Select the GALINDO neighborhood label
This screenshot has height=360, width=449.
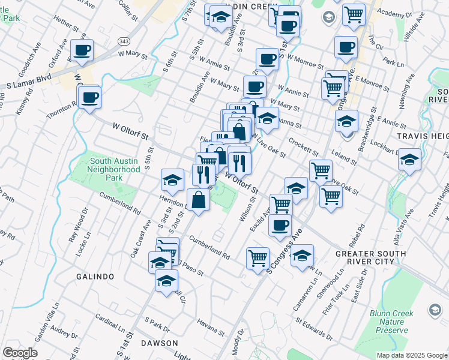coord(95,277)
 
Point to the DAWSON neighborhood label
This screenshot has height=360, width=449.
coord(159,343)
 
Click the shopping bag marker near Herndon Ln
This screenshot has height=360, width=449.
coord(198,200)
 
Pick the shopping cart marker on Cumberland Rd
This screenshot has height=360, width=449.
coord(258,258)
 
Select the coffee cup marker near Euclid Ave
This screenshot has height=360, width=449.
coord(280,226)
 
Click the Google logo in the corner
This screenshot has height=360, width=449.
coord(20,353)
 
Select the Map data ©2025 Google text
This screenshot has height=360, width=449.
coord(411,355)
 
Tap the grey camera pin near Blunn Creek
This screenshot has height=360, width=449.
coord(435,310)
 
